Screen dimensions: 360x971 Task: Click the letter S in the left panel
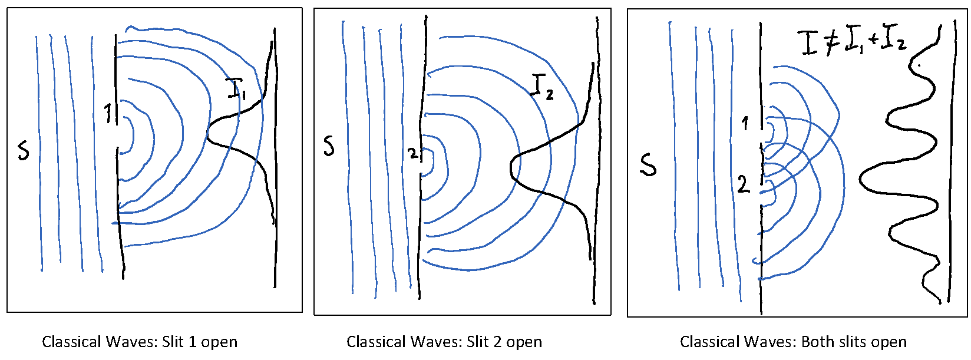[x=23, y=150]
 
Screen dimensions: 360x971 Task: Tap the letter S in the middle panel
[x=329, y=145]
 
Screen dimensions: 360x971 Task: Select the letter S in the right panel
[x=648, y=164]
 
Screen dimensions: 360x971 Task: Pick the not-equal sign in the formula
[x=831, y=43]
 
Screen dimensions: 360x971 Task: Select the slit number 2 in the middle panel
[x=413, y=154]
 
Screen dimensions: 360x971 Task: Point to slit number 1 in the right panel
[x=745, y=123]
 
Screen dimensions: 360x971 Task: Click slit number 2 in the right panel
[x=744, y=184]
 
